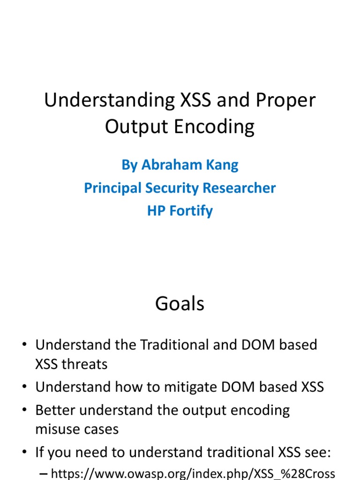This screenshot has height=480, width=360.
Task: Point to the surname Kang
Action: pyautogui.click(x=223, y=165)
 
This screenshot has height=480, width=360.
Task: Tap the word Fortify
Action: pyautogui.click(x=191, y=211)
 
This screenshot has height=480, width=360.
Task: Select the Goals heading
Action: pyautogui.click(x=180, y=304)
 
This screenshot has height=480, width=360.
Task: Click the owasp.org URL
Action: pyautogui.click(x=193, y=474)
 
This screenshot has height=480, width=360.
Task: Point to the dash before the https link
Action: pyautogui.click(x=44, y=474)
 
